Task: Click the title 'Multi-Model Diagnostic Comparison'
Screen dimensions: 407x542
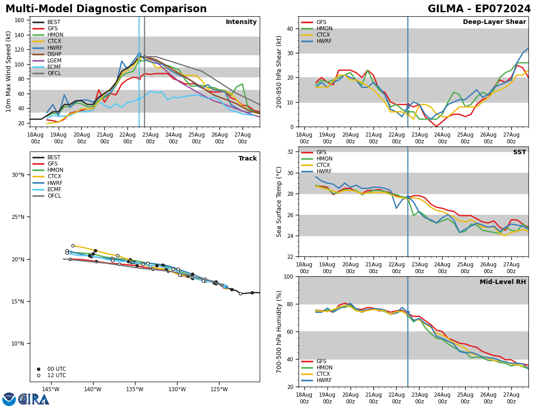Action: click(106, 9)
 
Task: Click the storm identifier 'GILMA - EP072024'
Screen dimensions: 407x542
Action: click(479, 9)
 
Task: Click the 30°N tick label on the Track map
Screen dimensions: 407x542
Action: click(18, 175)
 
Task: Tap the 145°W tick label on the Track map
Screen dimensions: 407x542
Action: click(51, 389)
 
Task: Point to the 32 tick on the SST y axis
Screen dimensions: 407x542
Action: click(291, 152)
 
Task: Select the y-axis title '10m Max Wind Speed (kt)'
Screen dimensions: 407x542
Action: click(9, 71)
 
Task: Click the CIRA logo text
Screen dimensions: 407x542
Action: click(34, 399)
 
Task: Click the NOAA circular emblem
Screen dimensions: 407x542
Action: click(9, 399)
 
